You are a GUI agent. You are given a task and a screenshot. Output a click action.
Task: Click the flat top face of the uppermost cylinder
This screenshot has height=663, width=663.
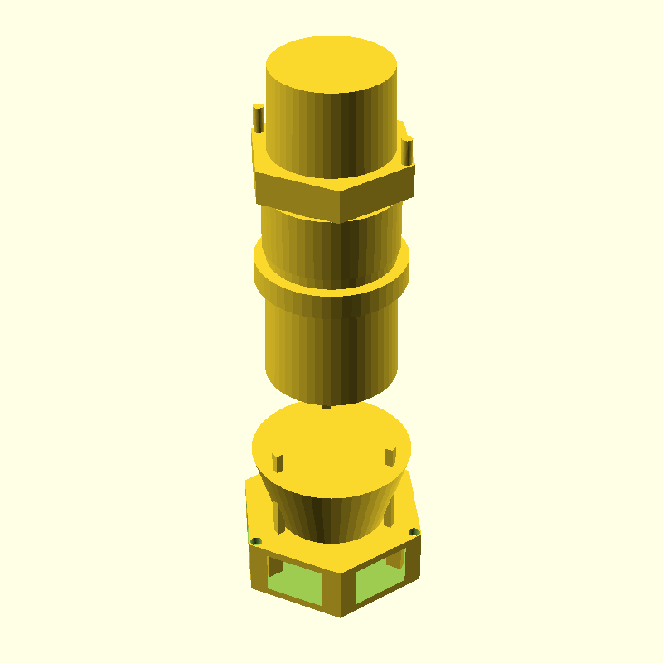pyautogui.click(x=331, y=63)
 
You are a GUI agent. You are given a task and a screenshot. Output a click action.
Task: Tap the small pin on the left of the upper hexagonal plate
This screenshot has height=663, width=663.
pyautogui.click(x=258, y=118)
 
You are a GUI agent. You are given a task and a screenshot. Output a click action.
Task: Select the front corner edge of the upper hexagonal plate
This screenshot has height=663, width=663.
pyautogui.click(x=341, y=206)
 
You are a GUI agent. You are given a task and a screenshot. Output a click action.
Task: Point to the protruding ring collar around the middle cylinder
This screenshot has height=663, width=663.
pyautogui.click(x=331, y=282)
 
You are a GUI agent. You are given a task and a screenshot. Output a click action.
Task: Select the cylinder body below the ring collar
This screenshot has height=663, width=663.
pyautogui.click(x=331, y=348)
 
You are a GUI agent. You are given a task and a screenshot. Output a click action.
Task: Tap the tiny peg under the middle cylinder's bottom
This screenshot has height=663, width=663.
pyautogui.click(x=326, y=406)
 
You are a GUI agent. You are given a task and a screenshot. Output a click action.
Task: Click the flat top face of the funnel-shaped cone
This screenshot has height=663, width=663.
pyautogui.click(x=331, y=448)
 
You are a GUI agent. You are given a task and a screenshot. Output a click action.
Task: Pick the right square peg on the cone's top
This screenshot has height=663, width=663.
pyautogui.click(x=390, y=456)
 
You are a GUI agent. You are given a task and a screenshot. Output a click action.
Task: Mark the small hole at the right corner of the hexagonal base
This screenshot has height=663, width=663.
pyautogui.click(x=414, y=531)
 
